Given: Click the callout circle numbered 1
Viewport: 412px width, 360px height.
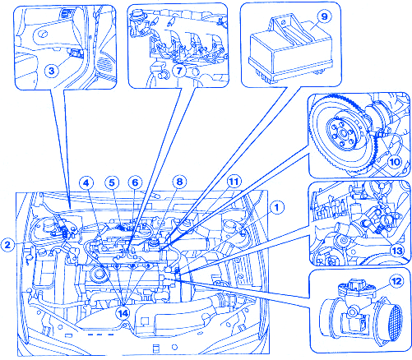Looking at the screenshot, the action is click(276, 208).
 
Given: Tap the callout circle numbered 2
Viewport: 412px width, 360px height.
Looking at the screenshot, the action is click(7, 244).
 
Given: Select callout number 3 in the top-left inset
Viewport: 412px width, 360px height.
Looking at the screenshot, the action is click(52, 71).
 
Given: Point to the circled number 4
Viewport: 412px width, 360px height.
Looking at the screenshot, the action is click(86, 182).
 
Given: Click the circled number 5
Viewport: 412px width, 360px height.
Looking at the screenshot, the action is click(112, 182).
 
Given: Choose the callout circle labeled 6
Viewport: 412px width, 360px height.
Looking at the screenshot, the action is click(135, 182).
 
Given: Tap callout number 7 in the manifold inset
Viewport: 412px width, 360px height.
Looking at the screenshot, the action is click(179, 71).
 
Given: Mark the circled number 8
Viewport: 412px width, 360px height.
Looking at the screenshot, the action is click(179, 182).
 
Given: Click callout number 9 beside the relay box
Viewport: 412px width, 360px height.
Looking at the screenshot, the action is click(324, 16).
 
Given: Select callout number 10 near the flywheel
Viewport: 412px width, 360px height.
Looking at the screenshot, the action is click(395, 162).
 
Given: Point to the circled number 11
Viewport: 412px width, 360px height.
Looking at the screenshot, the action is click(234, 182).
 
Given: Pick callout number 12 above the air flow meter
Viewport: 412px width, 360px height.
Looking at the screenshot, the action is click(396, 281).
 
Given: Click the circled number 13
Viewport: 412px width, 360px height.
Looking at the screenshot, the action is click(397, 251).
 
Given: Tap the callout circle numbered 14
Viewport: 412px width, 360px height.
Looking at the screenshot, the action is click(123, 313).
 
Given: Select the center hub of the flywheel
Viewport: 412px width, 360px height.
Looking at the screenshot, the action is click(342, 134).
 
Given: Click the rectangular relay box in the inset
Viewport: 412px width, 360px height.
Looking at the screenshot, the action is click(290, 51).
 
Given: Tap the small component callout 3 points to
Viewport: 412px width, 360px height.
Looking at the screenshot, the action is click(76, 53).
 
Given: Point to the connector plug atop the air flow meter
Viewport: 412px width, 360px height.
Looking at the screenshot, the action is click(356, 286).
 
